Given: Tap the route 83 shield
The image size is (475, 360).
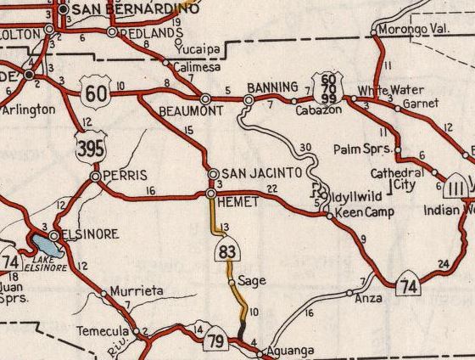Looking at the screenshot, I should tap(226, 250).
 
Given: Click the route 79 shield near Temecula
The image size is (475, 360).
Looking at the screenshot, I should tap(216, 340).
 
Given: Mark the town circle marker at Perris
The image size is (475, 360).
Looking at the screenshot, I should tap(96, 176).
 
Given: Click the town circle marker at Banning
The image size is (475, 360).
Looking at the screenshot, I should tap(248, 100).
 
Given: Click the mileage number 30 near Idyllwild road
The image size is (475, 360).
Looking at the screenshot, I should tap(305, 148).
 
